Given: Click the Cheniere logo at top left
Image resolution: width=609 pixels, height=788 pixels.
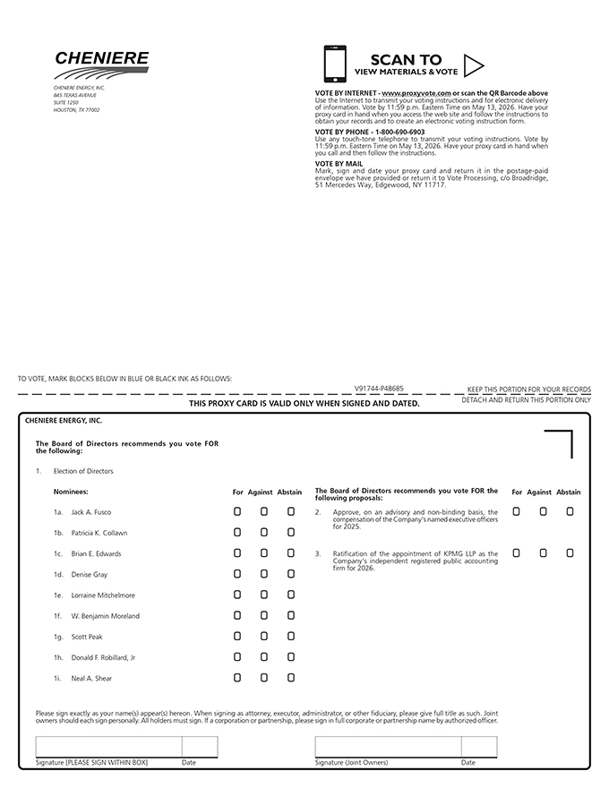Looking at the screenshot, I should [x=101, y=63].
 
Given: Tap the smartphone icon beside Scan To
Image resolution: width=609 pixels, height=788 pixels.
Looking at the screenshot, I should [x=334, y=64].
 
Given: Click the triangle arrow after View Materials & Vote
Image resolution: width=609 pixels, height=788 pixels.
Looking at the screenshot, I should [x=474, y=65].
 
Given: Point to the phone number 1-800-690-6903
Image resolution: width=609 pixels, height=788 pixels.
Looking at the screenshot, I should [x=395, y=132].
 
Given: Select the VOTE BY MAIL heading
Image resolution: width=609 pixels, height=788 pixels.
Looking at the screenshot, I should [x=339, y=164].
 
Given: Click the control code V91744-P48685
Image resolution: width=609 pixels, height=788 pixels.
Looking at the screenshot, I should [x=379, y=389].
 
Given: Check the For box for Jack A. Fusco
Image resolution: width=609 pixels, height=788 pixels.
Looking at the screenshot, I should [x=237, y=512].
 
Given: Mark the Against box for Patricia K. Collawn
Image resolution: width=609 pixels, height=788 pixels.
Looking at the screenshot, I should [x=264, y=533].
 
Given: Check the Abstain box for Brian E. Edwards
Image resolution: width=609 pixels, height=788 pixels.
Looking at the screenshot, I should [x=291, y=553].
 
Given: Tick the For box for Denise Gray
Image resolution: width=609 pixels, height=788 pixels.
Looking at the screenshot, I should [x=237, y=574].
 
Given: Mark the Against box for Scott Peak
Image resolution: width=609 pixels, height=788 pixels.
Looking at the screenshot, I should [x=264, y=637].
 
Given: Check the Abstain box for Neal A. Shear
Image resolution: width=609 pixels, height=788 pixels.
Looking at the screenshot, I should [x=291, y=678].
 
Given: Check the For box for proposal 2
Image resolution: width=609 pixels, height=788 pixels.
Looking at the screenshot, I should [x=517, y=511].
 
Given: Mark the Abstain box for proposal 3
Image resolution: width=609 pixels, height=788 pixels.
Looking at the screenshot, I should [x=570, y=553].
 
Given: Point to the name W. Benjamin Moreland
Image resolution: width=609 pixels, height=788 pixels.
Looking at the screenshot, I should [x=106, y=616].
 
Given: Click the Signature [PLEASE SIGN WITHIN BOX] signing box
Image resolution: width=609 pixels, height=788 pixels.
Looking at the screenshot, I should [x=108, y=747].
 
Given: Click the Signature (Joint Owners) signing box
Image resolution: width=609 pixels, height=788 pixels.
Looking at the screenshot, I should [x=388, y=747].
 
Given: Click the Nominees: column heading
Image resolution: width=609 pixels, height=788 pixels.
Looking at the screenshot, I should [x=71, y=492].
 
